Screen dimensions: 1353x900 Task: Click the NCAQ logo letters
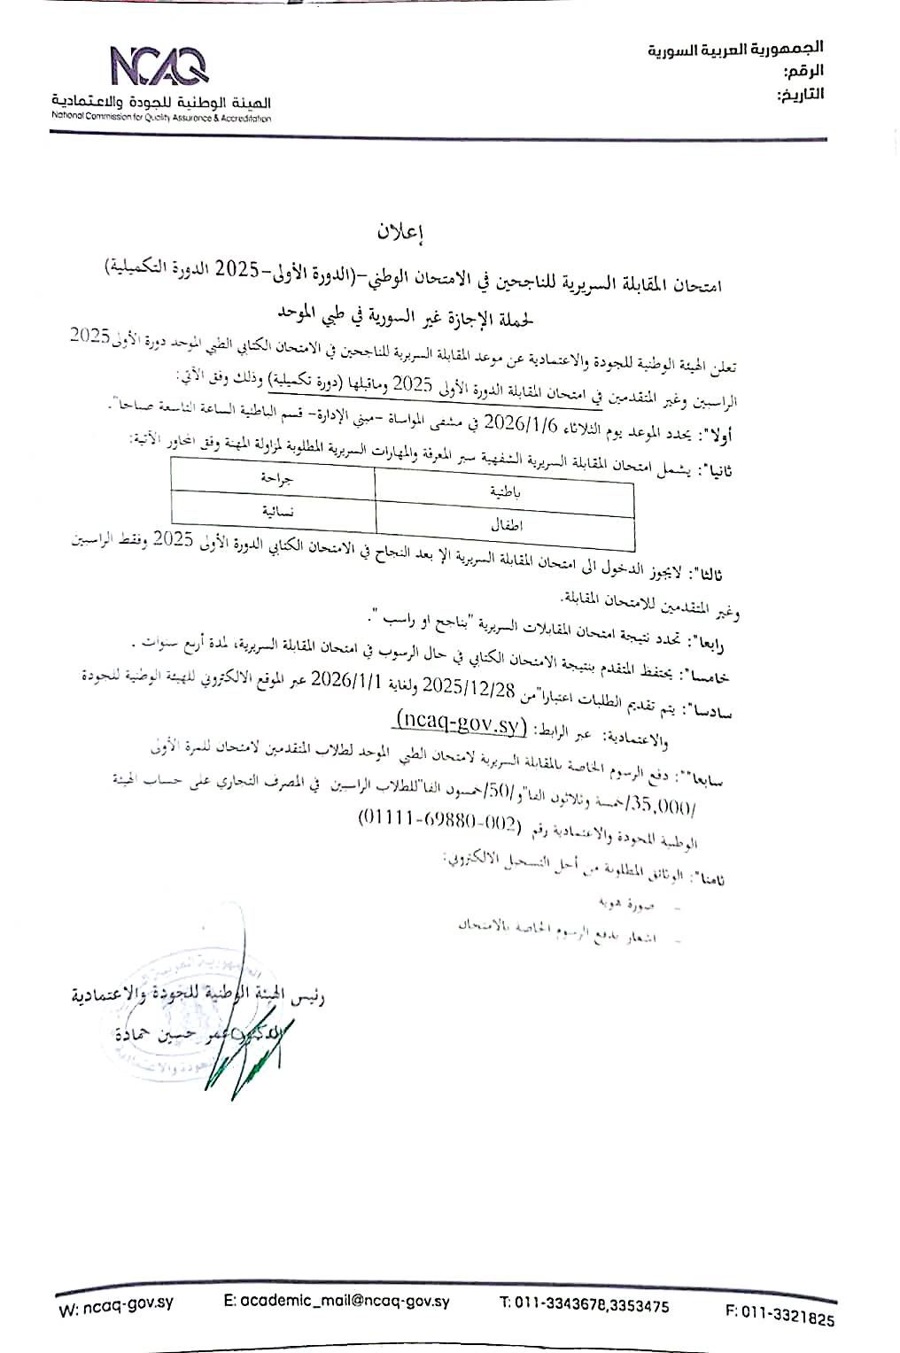click(x=159, y=65)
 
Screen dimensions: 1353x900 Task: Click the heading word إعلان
click(x=402, y=233)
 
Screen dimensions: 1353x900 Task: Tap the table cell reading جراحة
click(x=274, y=477)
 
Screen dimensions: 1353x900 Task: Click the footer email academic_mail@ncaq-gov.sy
click(x=337, y=1302)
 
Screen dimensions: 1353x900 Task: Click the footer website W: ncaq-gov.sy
click(x=106, y=1310)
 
